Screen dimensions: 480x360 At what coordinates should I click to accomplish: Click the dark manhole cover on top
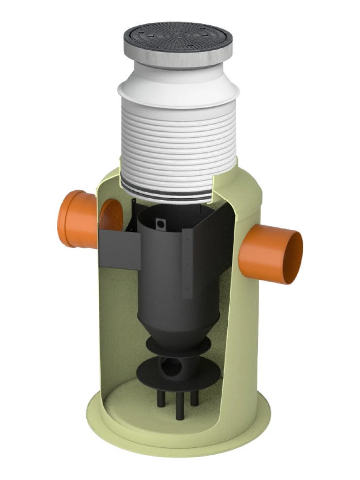(x=178, y=36)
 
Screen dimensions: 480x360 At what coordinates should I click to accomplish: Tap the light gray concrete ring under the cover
(x=178, y=58)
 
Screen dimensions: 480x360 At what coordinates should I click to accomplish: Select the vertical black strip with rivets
(x=187, y=262)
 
